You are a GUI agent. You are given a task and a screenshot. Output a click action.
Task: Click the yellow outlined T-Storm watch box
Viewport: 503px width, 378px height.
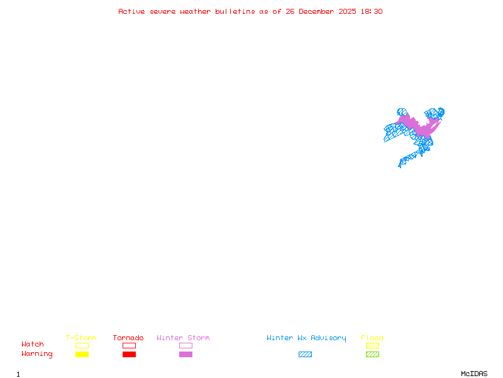82,345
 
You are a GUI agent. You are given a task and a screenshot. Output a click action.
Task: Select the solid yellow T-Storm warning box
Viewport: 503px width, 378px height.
82,354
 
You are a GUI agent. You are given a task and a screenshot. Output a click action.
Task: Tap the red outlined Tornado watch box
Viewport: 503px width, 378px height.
129,345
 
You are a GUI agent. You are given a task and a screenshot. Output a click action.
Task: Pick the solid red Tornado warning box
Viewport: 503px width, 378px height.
129,354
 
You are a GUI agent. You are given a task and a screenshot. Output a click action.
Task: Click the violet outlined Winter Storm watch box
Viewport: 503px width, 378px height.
185,345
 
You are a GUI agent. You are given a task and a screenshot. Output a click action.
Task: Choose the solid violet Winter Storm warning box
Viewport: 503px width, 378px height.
185,354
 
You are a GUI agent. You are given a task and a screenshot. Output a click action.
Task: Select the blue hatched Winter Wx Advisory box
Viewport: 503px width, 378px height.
305,354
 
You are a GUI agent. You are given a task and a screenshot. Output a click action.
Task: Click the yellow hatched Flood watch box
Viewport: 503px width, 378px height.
372,345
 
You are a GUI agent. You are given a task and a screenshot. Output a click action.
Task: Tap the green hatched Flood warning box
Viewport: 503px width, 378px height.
372,354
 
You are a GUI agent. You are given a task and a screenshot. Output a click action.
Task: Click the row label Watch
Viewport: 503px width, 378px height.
33,345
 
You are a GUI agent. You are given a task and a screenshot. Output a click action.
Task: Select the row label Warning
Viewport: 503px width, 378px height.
37,354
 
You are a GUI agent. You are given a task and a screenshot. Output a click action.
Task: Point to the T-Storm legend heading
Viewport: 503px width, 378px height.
81,338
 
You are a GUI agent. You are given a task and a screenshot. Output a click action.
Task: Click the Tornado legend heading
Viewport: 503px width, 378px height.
128,338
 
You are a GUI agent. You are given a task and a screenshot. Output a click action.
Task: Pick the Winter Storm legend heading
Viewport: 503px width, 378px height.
183,338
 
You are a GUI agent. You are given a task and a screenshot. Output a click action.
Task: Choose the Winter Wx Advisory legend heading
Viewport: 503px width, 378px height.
306,338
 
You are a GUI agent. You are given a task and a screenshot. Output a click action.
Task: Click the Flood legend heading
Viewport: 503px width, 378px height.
372,338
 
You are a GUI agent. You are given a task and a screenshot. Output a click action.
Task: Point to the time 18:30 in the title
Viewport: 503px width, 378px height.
372,11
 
